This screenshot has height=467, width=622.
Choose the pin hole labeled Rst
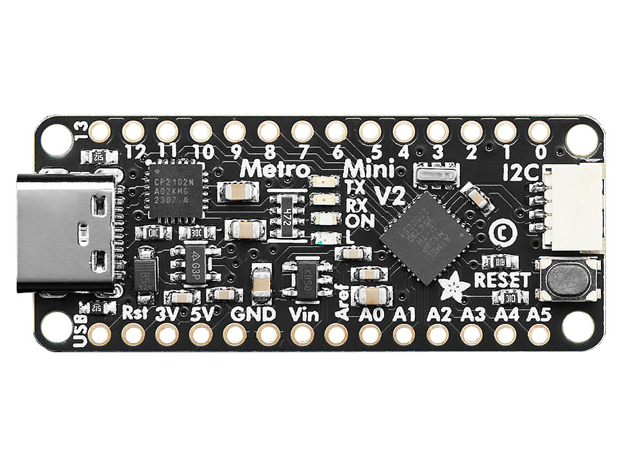point(133,334)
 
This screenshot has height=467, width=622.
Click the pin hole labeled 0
point(539,132)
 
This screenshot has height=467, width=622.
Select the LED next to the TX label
point(321,183)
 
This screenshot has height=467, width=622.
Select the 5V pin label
point(205,315)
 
